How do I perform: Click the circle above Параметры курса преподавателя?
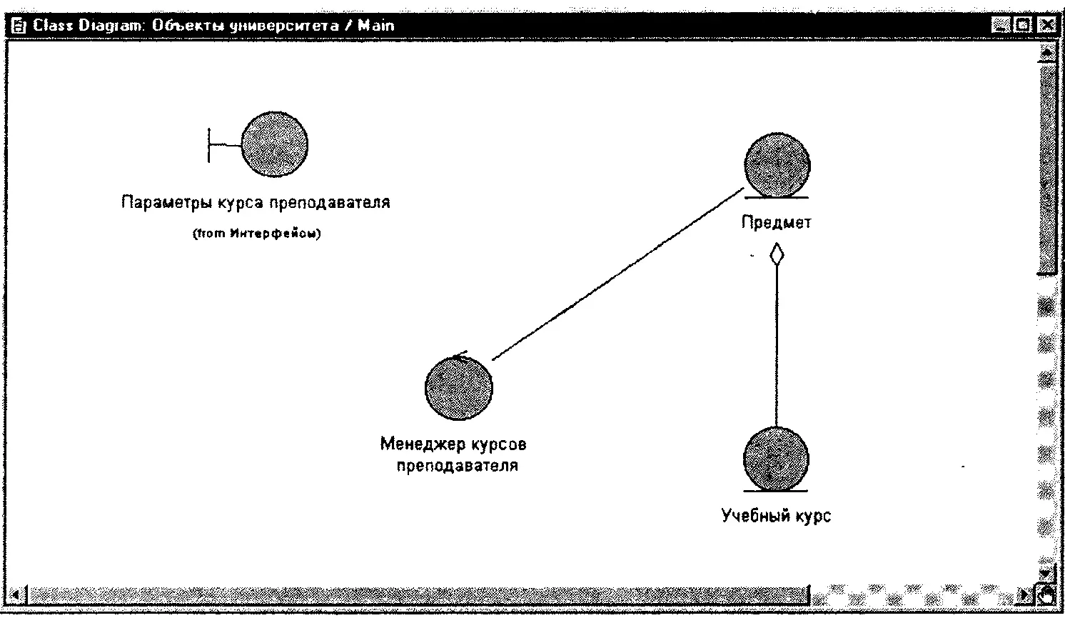(x=274, y=144)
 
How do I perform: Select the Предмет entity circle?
(x=777, y=164)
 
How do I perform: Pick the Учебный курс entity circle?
(x=776, y=459)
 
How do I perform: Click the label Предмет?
(x=776, y=222)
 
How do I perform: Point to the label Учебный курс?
(x=776, y=515)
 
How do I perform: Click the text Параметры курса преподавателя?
(x=256, y=202)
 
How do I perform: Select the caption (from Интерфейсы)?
(x=256, y=234)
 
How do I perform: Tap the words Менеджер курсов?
(x=453, y=444)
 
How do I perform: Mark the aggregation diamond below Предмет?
(x=776, y=254)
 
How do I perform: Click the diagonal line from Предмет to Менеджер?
(x=617, y=275)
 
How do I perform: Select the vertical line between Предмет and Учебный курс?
(x=776, y=343)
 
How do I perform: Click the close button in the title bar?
(x=1046, y=25)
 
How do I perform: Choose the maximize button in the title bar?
(x=1024, y=25)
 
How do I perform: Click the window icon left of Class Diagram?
(x=19, y=26)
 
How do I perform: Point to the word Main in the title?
(x=375, y=25)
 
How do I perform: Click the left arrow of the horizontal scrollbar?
(x=19, y=593)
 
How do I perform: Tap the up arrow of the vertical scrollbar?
(x=1047, y=51)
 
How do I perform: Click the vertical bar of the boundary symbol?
(x=209, y=145)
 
